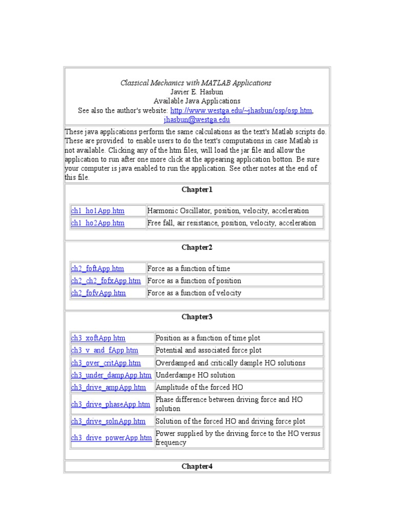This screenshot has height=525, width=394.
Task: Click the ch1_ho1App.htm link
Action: [97, 211]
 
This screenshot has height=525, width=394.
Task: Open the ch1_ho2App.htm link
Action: [97, 223]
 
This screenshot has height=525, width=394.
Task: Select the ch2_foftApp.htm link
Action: [97, 268]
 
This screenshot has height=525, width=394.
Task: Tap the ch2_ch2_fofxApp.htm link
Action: [106, 280]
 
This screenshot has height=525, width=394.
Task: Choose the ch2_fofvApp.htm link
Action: [98, 293]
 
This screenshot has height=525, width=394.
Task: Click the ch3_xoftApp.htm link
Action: [98, 338]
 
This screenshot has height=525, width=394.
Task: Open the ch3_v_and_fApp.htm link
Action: [105, 350]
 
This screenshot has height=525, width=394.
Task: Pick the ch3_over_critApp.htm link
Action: [106, 362]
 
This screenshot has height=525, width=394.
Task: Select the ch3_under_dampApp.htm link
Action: [111, 375]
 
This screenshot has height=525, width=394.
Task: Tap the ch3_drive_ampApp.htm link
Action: [108, 387]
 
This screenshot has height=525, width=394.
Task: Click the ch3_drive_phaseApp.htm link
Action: [110, 404]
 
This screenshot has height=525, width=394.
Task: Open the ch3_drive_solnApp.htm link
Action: [108, 421]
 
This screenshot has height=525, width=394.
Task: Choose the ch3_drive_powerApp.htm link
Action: [111, 438]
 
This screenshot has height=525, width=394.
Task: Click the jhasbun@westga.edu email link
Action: [197, 119]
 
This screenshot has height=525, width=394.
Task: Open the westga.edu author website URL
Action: [241, 110]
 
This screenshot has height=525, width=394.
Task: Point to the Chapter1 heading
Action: [196, 190]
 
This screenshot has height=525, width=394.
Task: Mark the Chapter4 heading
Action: [196, 466]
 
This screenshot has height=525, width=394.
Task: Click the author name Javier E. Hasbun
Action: [197, 92]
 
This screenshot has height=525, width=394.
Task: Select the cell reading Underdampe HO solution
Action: [195, 375]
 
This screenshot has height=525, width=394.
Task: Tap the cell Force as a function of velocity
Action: [194, 293]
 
